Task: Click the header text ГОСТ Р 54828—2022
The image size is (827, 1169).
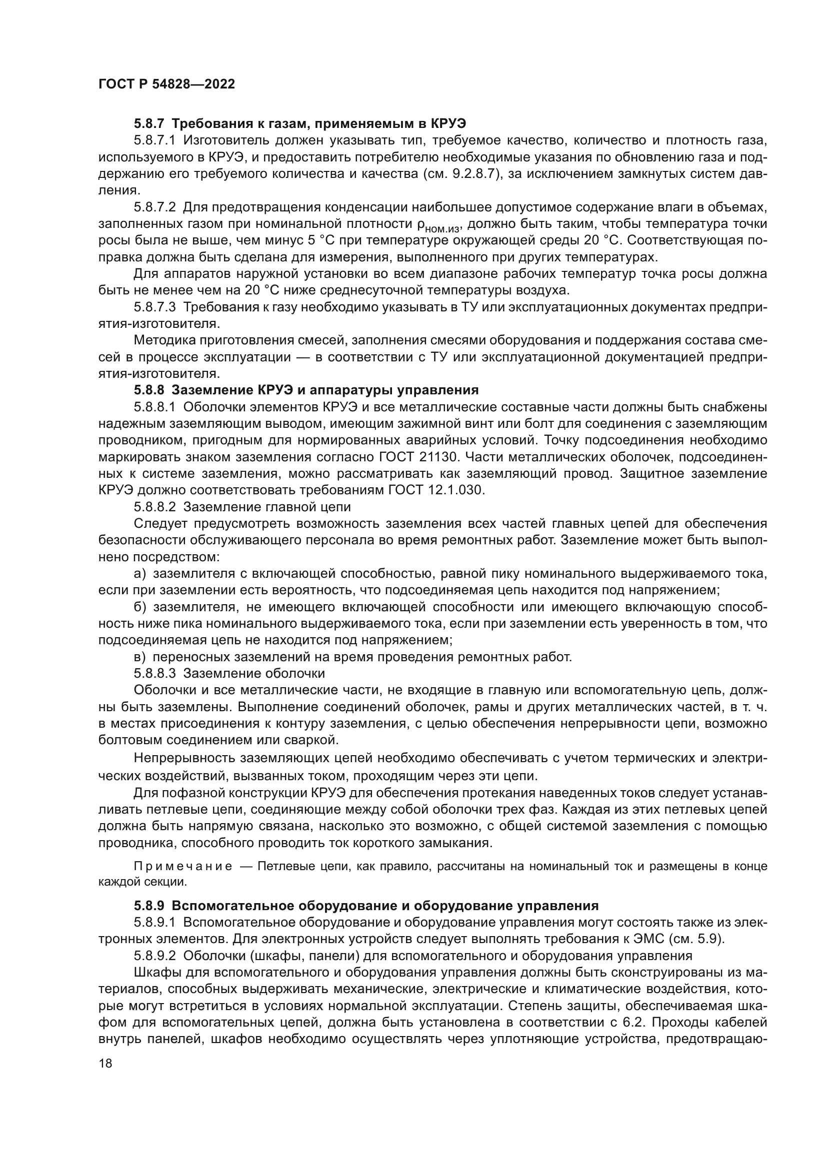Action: click(x=166, y=84)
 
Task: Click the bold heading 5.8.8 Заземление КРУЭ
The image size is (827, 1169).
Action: click(x=305, y=390)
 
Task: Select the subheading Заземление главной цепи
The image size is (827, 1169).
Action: click(x=267, y=507)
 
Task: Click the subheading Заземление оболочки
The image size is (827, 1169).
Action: click(x=253, y=674)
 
